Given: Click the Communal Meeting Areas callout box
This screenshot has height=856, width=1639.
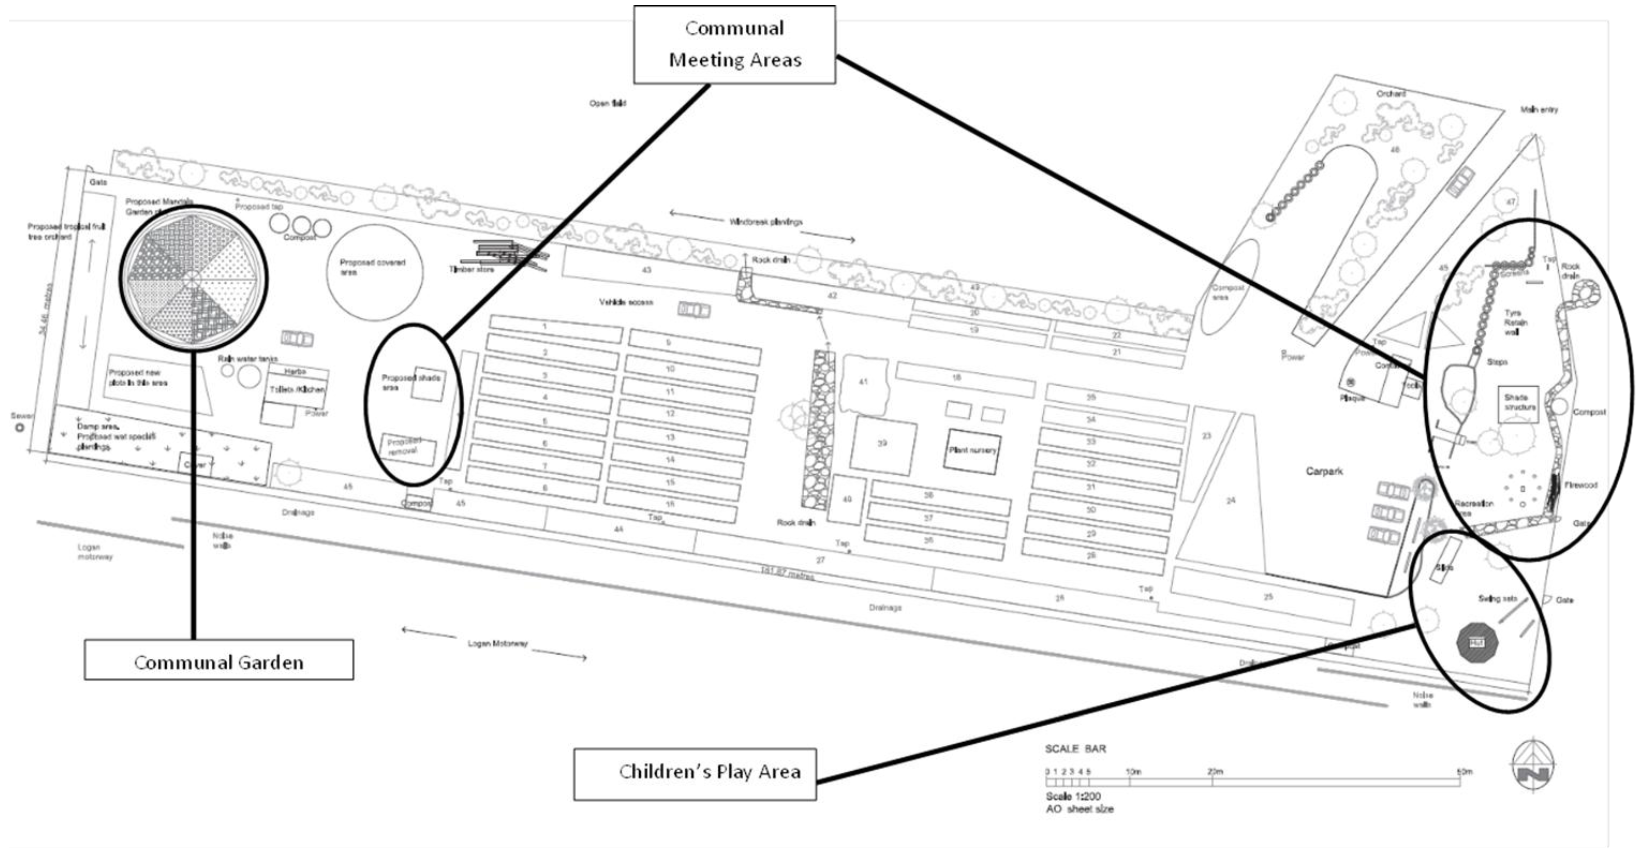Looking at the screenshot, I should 734,44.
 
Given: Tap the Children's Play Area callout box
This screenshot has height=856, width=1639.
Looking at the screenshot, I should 695,773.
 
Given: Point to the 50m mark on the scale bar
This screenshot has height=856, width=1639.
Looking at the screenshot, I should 1465,772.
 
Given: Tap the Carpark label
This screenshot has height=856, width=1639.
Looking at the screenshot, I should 1324,471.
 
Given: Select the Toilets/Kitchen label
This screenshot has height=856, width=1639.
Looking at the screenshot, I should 297,389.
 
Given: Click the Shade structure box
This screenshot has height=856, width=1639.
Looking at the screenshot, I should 1519,403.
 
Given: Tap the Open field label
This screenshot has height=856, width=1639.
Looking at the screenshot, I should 608,103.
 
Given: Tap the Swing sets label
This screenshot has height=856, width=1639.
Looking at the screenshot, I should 1497,598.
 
